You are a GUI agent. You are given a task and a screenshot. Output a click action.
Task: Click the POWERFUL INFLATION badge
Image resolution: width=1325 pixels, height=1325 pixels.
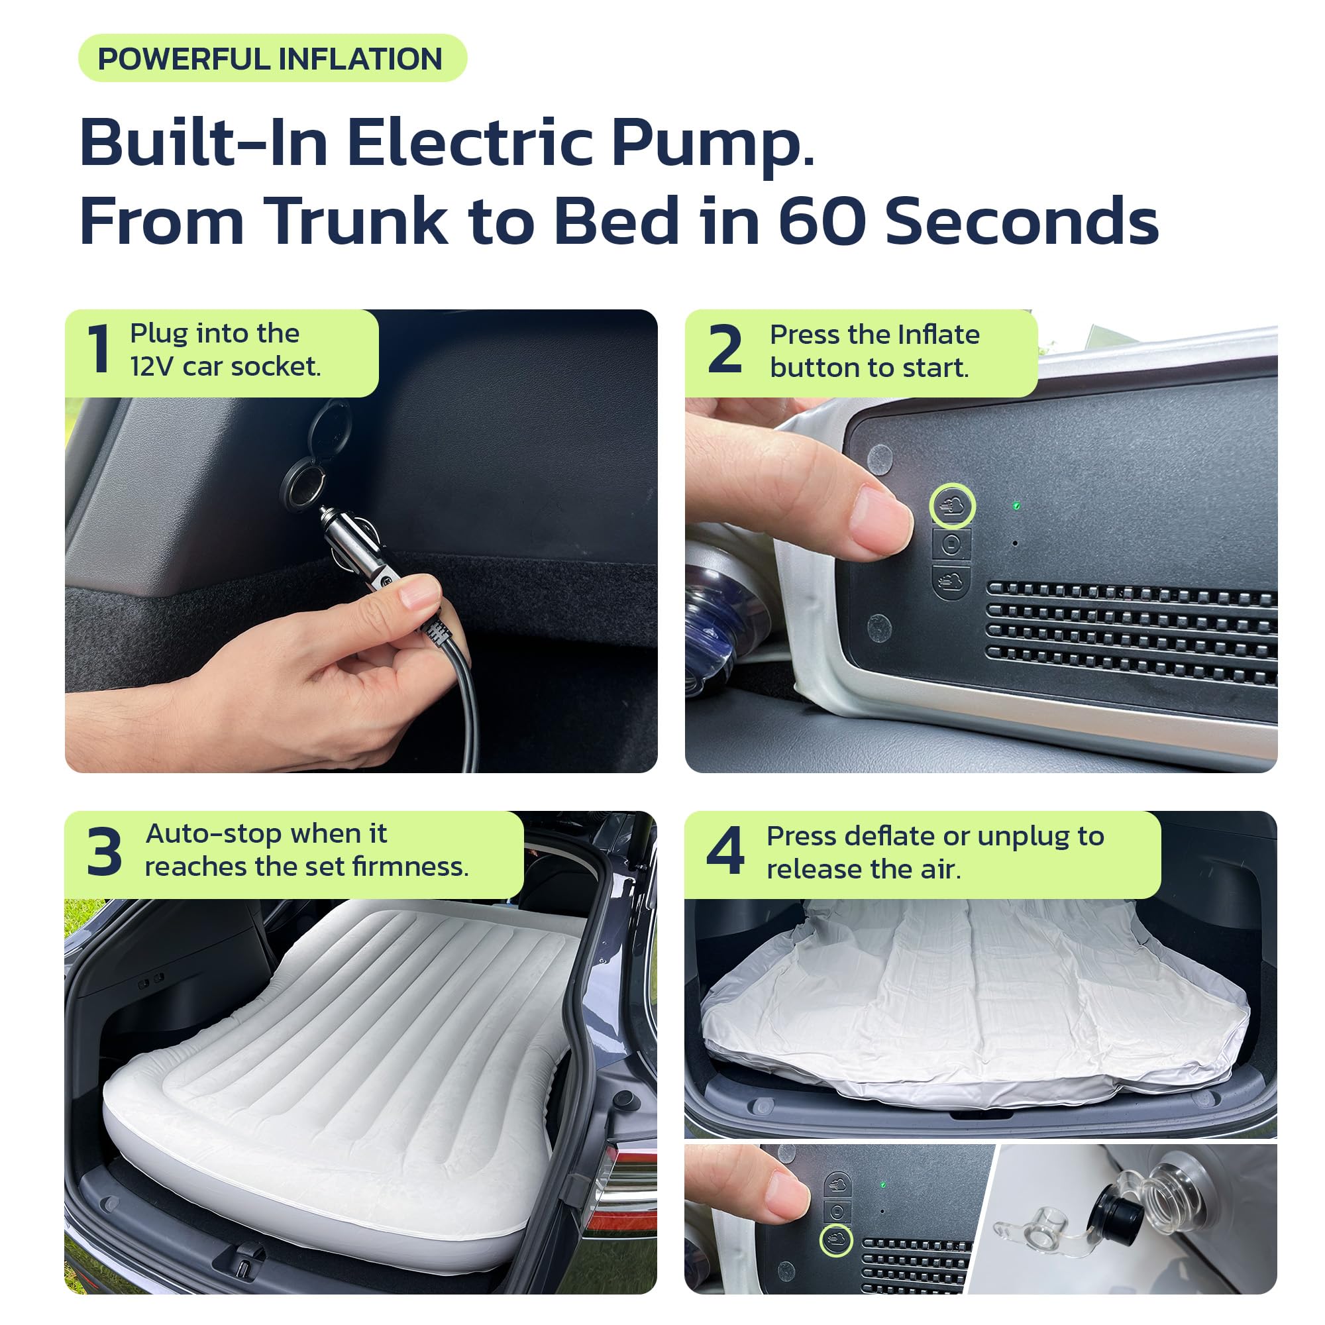click(272, 58)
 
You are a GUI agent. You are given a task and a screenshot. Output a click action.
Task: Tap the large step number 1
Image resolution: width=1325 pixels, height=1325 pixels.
click(99, 349)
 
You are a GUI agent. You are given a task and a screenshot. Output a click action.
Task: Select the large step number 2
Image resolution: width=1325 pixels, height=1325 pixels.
click(724, 349)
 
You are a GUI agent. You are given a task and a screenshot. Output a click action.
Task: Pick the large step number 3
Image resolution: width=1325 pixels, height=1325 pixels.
click(104, 853)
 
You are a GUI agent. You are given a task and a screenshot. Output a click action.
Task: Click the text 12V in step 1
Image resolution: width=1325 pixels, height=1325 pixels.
click(152, 367)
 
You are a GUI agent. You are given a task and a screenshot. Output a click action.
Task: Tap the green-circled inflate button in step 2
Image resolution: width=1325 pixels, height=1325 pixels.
click(952, 506)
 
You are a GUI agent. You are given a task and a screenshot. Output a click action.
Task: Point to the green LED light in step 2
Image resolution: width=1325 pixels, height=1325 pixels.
click(1016, 505)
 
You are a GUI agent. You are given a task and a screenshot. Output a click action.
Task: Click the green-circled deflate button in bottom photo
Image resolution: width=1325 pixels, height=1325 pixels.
click(836, 1240)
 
